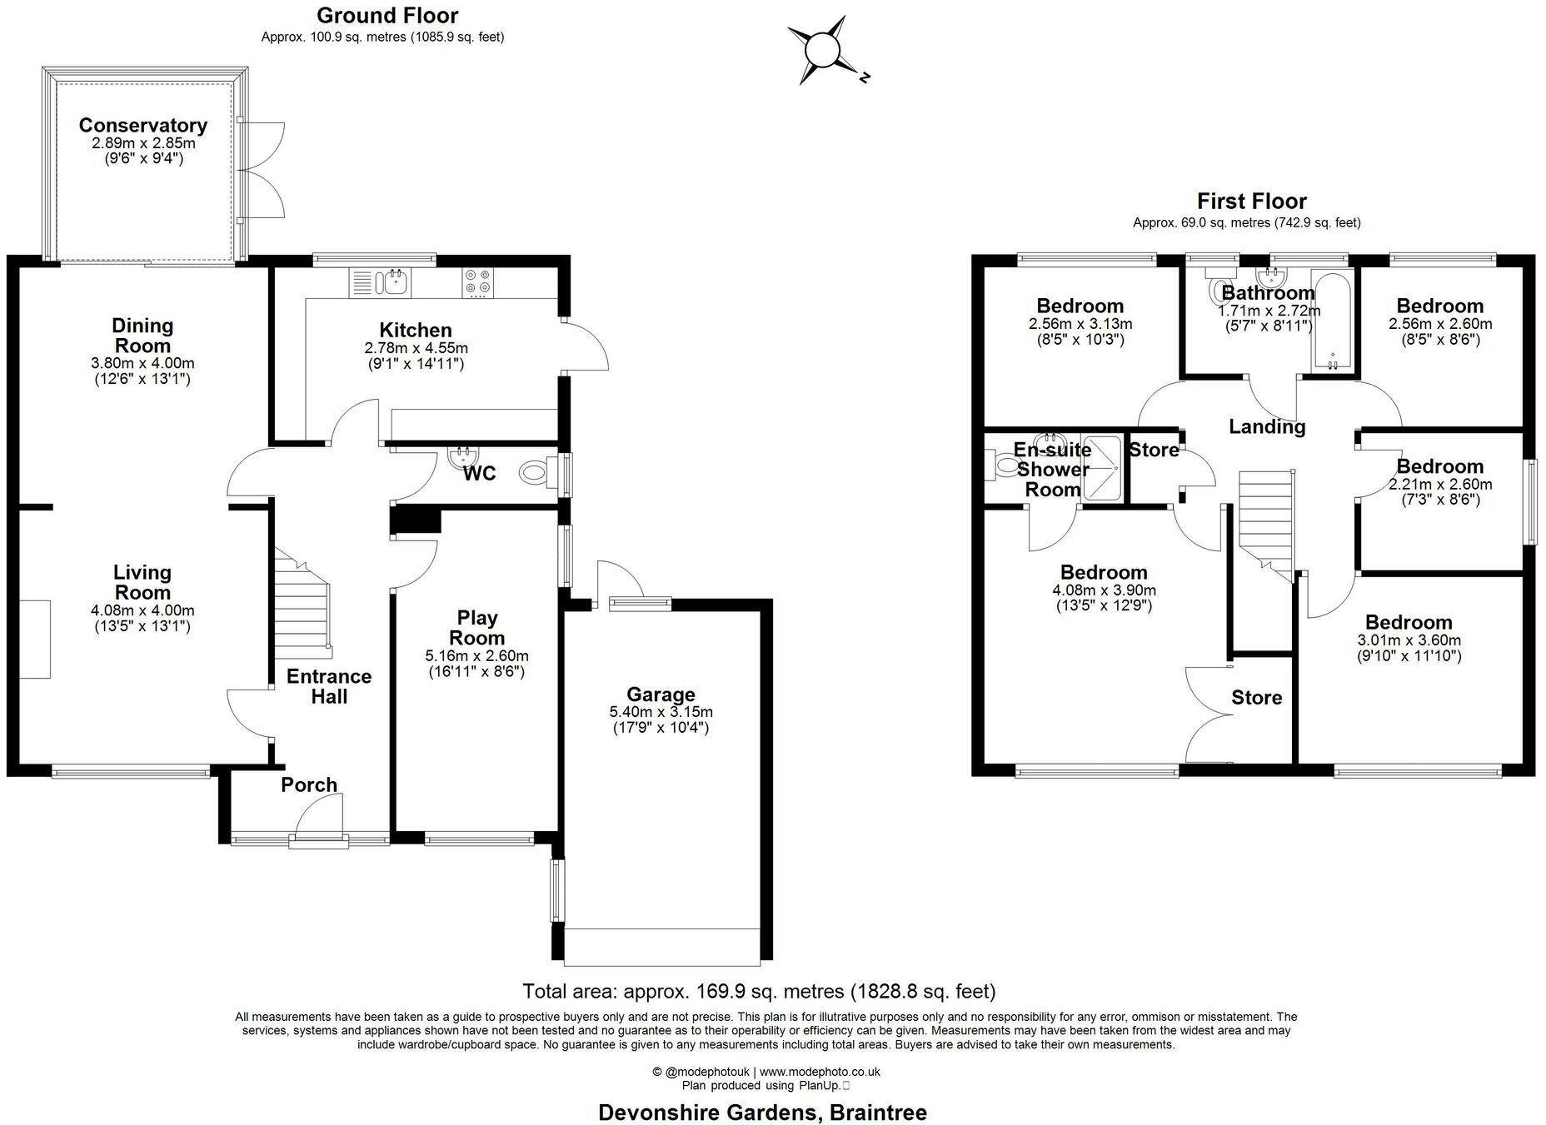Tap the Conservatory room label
coord(143,125)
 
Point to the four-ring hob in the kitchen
coord(478,282)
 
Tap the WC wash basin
coord(462,456)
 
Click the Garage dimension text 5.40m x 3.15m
coord(661,713)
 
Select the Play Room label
coord(476,628)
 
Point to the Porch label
coord(309,784)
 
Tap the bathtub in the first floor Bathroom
coord(1332,321)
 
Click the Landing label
coord(1267,427)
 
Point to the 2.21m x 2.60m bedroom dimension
coord(1440,485)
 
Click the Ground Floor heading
coord(387,15)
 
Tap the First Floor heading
coord(1252,201)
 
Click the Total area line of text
coord(759,991)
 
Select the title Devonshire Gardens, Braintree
coord(763,1112)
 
